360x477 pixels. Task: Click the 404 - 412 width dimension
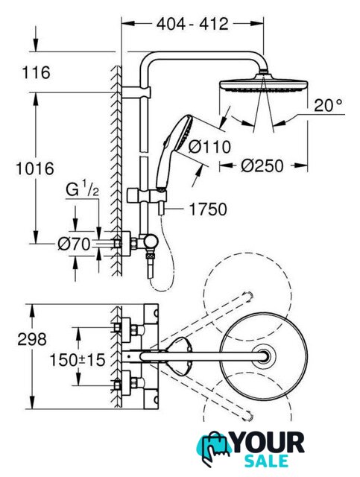pyautogui.click(x=192, y=24)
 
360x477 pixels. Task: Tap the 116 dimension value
pyautogui.click(x=37, y=73)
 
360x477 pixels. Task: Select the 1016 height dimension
pyautogui.click(x=35, y=168)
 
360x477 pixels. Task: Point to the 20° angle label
pyautogui.click(x=328, y=106)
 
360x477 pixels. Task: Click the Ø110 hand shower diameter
pyautogui.click(x=209, y=147)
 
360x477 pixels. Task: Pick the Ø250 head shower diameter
pyautogui.click(x=262, y=166)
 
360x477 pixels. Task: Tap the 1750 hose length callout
pyautogui.click(x=208, y=209)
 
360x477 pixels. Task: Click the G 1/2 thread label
pyautogui.click(x=82, y=191)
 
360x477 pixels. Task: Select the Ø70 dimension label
pyautogui.click(x=75, y=244)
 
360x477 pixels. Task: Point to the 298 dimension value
pyautogui.click(x=32, y=339)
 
